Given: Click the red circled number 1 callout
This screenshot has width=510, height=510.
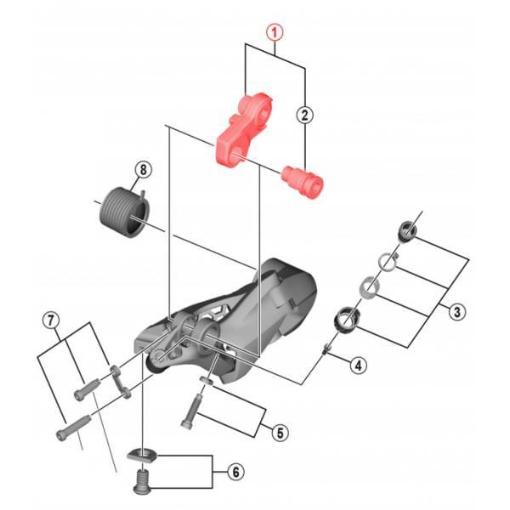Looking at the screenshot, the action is pyautogui.click(x=275, y=33).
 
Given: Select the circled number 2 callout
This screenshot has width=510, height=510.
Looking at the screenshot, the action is pyautogui.click(x=305, y=115).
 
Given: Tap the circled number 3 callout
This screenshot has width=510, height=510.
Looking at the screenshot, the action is pyautogui.click(x=457, y=312).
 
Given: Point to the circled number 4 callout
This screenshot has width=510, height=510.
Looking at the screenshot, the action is pyautogui.click(x=358, y=365).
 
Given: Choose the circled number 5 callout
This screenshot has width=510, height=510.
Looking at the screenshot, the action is pyautogui.click(x=280, y=433).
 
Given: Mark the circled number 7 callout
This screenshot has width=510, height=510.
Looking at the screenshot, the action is pyautogui.click(x=51, y=320).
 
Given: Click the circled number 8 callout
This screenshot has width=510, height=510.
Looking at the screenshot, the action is pyautogui.click(x=144, y=169).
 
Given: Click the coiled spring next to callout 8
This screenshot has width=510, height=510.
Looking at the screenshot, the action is pyautogui.click(x=123, y=213).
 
